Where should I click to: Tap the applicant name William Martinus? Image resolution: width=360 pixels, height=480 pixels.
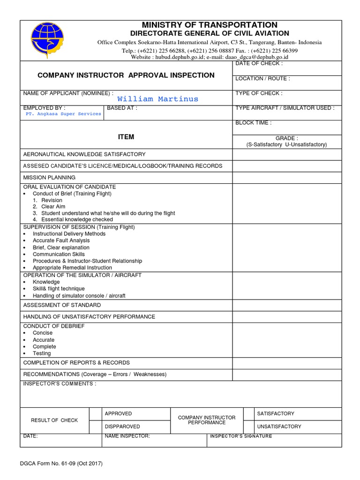(157, 99)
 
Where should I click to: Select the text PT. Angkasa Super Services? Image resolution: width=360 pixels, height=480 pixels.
(63, 114)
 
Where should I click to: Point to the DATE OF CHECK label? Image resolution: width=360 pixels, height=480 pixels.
(259, 63)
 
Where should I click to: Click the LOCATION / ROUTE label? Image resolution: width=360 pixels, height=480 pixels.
(262, 78)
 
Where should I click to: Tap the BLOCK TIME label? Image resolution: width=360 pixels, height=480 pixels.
(253, 123)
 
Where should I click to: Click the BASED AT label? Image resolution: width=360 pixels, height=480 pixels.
(122, 108)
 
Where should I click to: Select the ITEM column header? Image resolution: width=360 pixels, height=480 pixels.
(126, 137)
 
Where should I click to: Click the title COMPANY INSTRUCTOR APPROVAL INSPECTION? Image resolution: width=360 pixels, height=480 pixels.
(126, 75)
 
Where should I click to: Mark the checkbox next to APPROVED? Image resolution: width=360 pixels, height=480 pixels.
(96, 414)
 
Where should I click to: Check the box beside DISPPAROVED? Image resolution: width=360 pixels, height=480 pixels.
(96, 427)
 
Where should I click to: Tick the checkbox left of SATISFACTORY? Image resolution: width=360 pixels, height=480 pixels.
(248, 414)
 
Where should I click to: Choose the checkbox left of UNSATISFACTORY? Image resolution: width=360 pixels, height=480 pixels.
(248, 427)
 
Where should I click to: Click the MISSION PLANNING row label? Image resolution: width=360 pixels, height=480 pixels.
(49, 178)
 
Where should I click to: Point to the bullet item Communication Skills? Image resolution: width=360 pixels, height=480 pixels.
(59, 254)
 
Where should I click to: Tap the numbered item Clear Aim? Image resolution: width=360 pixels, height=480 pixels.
(53, 206)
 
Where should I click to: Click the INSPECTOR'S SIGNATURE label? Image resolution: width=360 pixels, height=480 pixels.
(240, 436)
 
